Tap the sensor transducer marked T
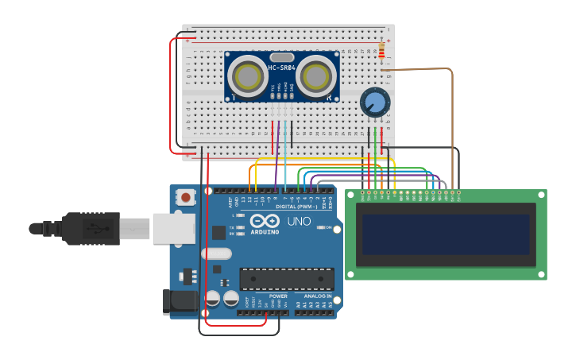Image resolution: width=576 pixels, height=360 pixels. point(247,77)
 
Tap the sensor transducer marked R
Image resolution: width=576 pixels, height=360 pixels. point(317,77)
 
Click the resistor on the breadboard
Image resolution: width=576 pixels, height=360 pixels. point(383,51)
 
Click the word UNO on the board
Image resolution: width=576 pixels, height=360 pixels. point(299,222)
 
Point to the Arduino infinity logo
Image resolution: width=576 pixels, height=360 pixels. point(265,222)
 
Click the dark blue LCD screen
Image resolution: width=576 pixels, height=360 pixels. point(444,234)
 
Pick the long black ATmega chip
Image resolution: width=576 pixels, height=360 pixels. point(287,279)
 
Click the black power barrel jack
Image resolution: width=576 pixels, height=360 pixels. point(179,301)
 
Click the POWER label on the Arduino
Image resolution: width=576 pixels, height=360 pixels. point(278,296)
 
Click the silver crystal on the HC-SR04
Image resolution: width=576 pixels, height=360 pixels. point(282,56)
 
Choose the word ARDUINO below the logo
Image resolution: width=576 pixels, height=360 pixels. point(265,232)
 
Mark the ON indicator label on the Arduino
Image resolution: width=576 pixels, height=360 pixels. point(327,227)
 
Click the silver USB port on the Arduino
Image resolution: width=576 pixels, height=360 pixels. point(174,229)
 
